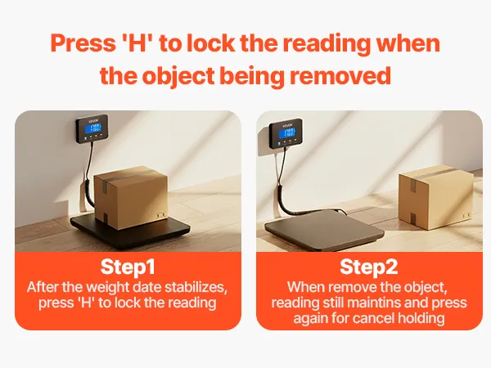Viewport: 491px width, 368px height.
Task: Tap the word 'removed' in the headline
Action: click(x=340, y=75)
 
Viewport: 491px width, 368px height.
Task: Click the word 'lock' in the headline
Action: click(x=210, y=43)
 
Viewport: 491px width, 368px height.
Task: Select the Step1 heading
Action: click(x=128, y=267)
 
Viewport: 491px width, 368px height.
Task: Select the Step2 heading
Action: click(x=369, y=267)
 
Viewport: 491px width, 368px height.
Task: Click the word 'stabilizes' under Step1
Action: click(x=196, y=287)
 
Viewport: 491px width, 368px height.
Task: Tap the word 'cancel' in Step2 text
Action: click(x=373, y=318)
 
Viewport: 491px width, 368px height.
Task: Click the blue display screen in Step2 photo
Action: click(x=287, y=132)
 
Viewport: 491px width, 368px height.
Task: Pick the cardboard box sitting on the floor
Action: click(x=435, y=196)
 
